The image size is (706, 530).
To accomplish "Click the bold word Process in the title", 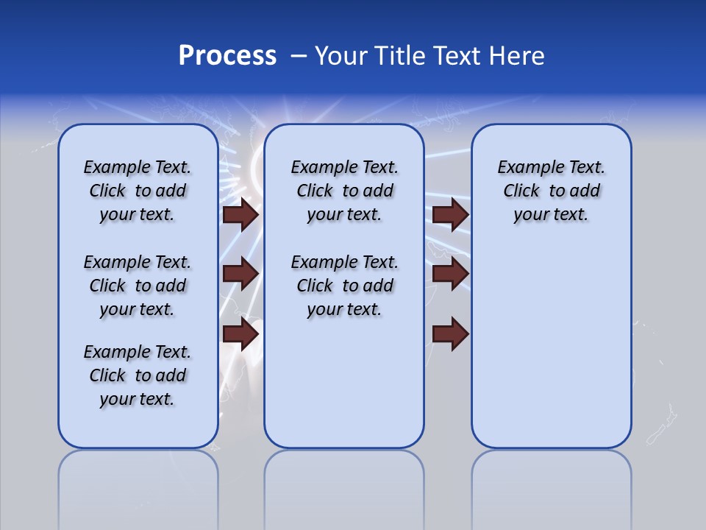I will tap(227, 56).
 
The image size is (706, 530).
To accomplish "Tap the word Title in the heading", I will tap(401, 56).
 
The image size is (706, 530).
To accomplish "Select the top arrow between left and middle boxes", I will tap(240, 214).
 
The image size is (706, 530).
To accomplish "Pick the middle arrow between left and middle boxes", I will tap(240, 274).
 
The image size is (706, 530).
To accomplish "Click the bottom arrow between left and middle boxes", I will tap(240, 334).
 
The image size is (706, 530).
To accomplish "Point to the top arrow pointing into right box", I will tap(451, 214).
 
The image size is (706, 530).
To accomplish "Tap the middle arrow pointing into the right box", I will tap(451, 274).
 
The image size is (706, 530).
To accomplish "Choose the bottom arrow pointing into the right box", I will tap(451, 334).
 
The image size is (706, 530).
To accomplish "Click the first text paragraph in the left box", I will tap(138, 191).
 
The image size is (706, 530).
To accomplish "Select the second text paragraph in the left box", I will tap(138, 286).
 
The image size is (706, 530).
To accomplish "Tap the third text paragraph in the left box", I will tap(138, 375).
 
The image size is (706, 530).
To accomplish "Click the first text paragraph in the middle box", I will tap(344, 191).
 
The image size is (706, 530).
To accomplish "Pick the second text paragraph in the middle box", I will tap(344, 286).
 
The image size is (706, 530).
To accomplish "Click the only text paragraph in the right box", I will tap(551, 191).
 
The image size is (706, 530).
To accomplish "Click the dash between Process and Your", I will tap(299, 57).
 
